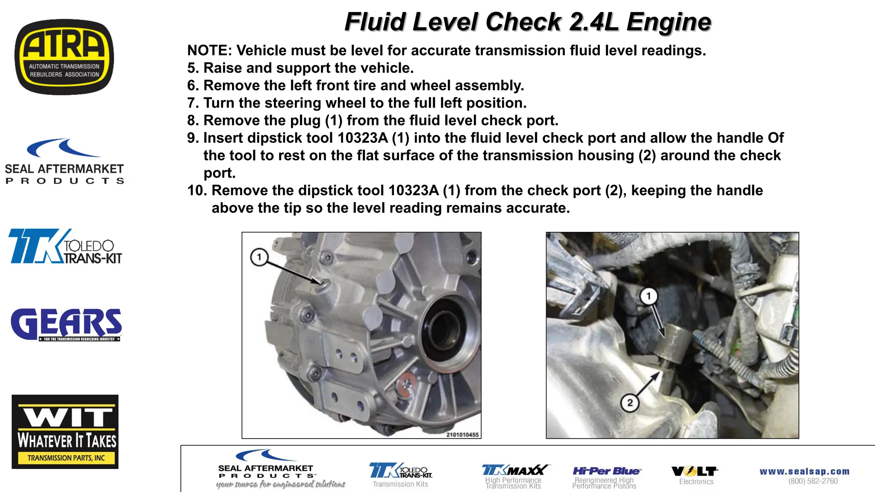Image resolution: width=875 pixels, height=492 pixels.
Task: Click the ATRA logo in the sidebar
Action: tap(64, 57)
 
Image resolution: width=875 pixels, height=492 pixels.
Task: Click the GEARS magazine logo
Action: tap(66, 325)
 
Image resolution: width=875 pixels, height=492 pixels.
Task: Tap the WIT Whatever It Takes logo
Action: tap(65, 431)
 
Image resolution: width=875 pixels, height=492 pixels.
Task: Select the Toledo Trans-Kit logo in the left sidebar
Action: tap(65, 247)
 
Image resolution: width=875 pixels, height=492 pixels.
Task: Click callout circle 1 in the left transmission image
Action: tap(259, 257)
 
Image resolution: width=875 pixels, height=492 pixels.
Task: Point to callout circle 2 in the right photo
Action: tap(630, 403)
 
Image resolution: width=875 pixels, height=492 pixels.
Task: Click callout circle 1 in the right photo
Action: tap(648, 296)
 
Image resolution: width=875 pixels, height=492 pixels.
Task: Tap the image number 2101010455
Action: tap(462, 435)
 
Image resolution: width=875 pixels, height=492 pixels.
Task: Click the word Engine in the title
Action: tap(669, 22)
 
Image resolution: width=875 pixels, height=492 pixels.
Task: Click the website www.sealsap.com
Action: tap(804, 471)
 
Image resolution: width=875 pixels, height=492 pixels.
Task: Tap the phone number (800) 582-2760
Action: tap(813, 481)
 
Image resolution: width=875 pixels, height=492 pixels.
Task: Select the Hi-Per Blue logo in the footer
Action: tap(606, 471)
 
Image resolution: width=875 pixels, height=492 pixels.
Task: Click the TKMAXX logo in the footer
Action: tap(514, 470)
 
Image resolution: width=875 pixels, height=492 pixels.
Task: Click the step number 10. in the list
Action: tap(197, 190)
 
